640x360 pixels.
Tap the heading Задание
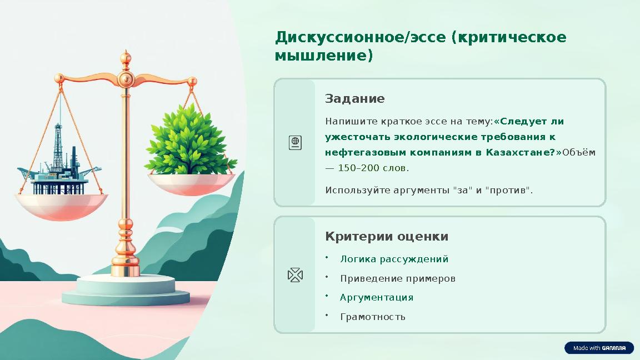pos(354,99)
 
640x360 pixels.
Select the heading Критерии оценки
pos(386,237)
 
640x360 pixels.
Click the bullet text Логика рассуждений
pos(394,259)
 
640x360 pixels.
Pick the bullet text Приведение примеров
pos(397,278)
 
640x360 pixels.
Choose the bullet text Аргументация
pos(377,298)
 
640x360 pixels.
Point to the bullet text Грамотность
pos(372,317)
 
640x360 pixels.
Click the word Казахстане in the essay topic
pos(519,152)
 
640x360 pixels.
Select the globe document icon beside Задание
pos(295,143)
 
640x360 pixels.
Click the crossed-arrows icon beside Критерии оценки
pos(295,275)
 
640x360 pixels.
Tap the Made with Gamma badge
pos(599,348)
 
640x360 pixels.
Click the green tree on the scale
pos(189,140)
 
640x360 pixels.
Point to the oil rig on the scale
pos(58,161)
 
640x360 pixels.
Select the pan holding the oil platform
pos(61,206)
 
